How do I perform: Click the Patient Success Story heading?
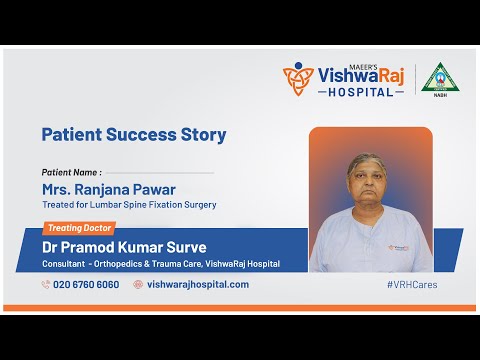click(133, 134)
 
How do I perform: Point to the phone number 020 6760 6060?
click(85, 284)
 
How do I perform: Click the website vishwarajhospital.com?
click(197, 284)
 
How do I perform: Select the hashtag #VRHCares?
click(411, 284)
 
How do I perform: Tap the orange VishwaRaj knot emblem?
click(298, 79)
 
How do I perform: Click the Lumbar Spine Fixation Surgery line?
click(129, 205)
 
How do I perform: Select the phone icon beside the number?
click(46, 284)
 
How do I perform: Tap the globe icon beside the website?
click(138, 284)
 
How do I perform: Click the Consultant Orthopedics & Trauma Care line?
click(160, 264)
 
